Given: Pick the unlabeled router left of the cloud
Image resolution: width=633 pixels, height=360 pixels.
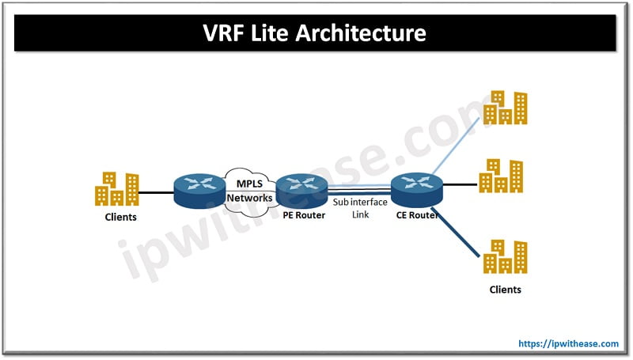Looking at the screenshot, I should click(197, 191).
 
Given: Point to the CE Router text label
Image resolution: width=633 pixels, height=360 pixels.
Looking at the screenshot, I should click(417, 215).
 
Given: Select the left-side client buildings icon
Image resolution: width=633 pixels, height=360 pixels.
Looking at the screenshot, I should click(116, 189).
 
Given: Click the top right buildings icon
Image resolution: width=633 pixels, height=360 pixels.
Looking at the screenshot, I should click(505, 107).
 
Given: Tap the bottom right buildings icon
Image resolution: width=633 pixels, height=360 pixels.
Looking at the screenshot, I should click(505, 256).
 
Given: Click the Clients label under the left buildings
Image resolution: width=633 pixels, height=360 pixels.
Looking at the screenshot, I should click(120, 217).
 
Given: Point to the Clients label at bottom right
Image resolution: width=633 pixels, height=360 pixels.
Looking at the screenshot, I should click(505, 290).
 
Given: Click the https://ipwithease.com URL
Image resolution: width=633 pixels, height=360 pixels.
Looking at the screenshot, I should click(567, 343).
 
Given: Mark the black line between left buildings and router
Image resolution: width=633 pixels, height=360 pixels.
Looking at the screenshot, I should click(157, 191).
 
